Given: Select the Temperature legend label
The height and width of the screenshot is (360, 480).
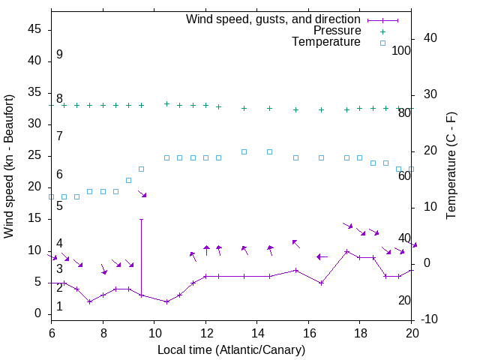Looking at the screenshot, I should pyautogui.click(x=326, y=43).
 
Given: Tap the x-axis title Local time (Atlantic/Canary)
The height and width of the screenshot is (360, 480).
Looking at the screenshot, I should pyautogui.click(x=231, y=350).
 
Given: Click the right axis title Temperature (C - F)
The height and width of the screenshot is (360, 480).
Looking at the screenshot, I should pyautogui.click(x=451, y=166).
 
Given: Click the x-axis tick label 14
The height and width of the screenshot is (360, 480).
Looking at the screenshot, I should pyautogui.click(x=256, y=332).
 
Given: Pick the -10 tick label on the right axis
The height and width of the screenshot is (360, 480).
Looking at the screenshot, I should pyautogui.click(x=430, y=319).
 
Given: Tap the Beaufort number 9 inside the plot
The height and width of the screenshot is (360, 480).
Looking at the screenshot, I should pyautogui.click(x=59, y=55).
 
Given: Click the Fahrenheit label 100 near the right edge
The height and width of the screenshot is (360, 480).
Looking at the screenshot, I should pyautogui.click(x=401, y=50).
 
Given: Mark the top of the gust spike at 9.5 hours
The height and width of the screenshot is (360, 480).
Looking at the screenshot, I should pyautogui.click(x=141, y=220).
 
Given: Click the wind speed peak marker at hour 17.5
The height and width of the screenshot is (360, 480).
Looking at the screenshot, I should pyautogui.click(x=346, y=251).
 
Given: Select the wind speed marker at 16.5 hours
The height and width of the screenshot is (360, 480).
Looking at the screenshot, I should pyautogui.click(x=321, y=283).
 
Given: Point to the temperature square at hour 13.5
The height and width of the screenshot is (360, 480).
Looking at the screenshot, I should pyautogui.click(x=244, y=151).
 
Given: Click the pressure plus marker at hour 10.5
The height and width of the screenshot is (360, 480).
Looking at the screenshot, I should pyautogui.click(x=166, y=103).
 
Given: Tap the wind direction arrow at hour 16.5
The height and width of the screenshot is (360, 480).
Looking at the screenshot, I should pyautogui.click(x=322, y=256).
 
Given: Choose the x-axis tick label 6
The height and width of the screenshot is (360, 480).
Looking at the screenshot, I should pyautogui.click(x=51, y=332).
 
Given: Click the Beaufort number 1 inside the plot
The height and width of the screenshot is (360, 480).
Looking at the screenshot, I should pyautogui.click(x=59, y=307).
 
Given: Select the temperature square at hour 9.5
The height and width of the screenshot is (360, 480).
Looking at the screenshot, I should pyautogui.click(x=141, y=169).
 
